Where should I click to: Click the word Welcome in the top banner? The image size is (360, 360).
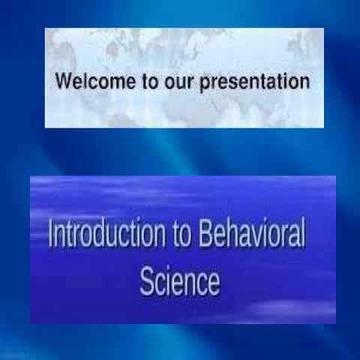pyautogui.click(x=95, y=81)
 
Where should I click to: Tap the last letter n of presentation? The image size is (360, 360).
pyautogui.click(x=304, y=82)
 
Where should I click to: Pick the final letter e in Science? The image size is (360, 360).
pyautogui.click(x=214, y=283)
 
